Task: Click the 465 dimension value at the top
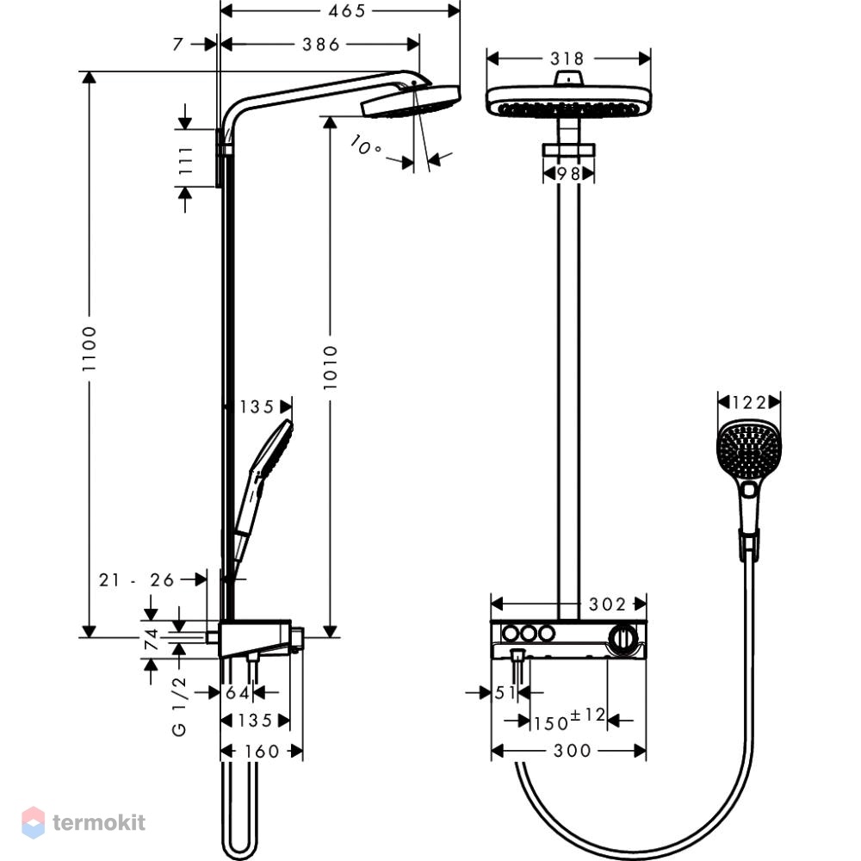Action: click(346, 11)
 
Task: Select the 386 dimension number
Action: click(321, 45)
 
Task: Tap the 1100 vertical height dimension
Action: click(89, 349)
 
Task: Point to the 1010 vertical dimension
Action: click(330, 368)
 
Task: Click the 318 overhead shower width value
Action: click(567, 59)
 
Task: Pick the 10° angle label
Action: click(365, 146)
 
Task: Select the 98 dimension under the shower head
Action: click(568, 174)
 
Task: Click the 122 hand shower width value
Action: click(750, 402)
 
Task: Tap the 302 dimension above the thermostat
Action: click(607, 604)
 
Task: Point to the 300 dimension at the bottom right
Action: click(573, 751)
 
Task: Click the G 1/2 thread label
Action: click(180, 707)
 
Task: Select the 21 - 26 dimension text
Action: click(136, 579)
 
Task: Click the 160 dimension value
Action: click(262, 751)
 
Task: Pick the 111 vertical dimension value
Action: click(186, 160)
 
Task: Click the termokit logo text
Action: click(99, 822)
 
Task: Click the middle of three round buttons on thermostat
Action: click(529, 634)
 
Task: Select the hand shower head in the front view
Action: click(749, 451)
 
